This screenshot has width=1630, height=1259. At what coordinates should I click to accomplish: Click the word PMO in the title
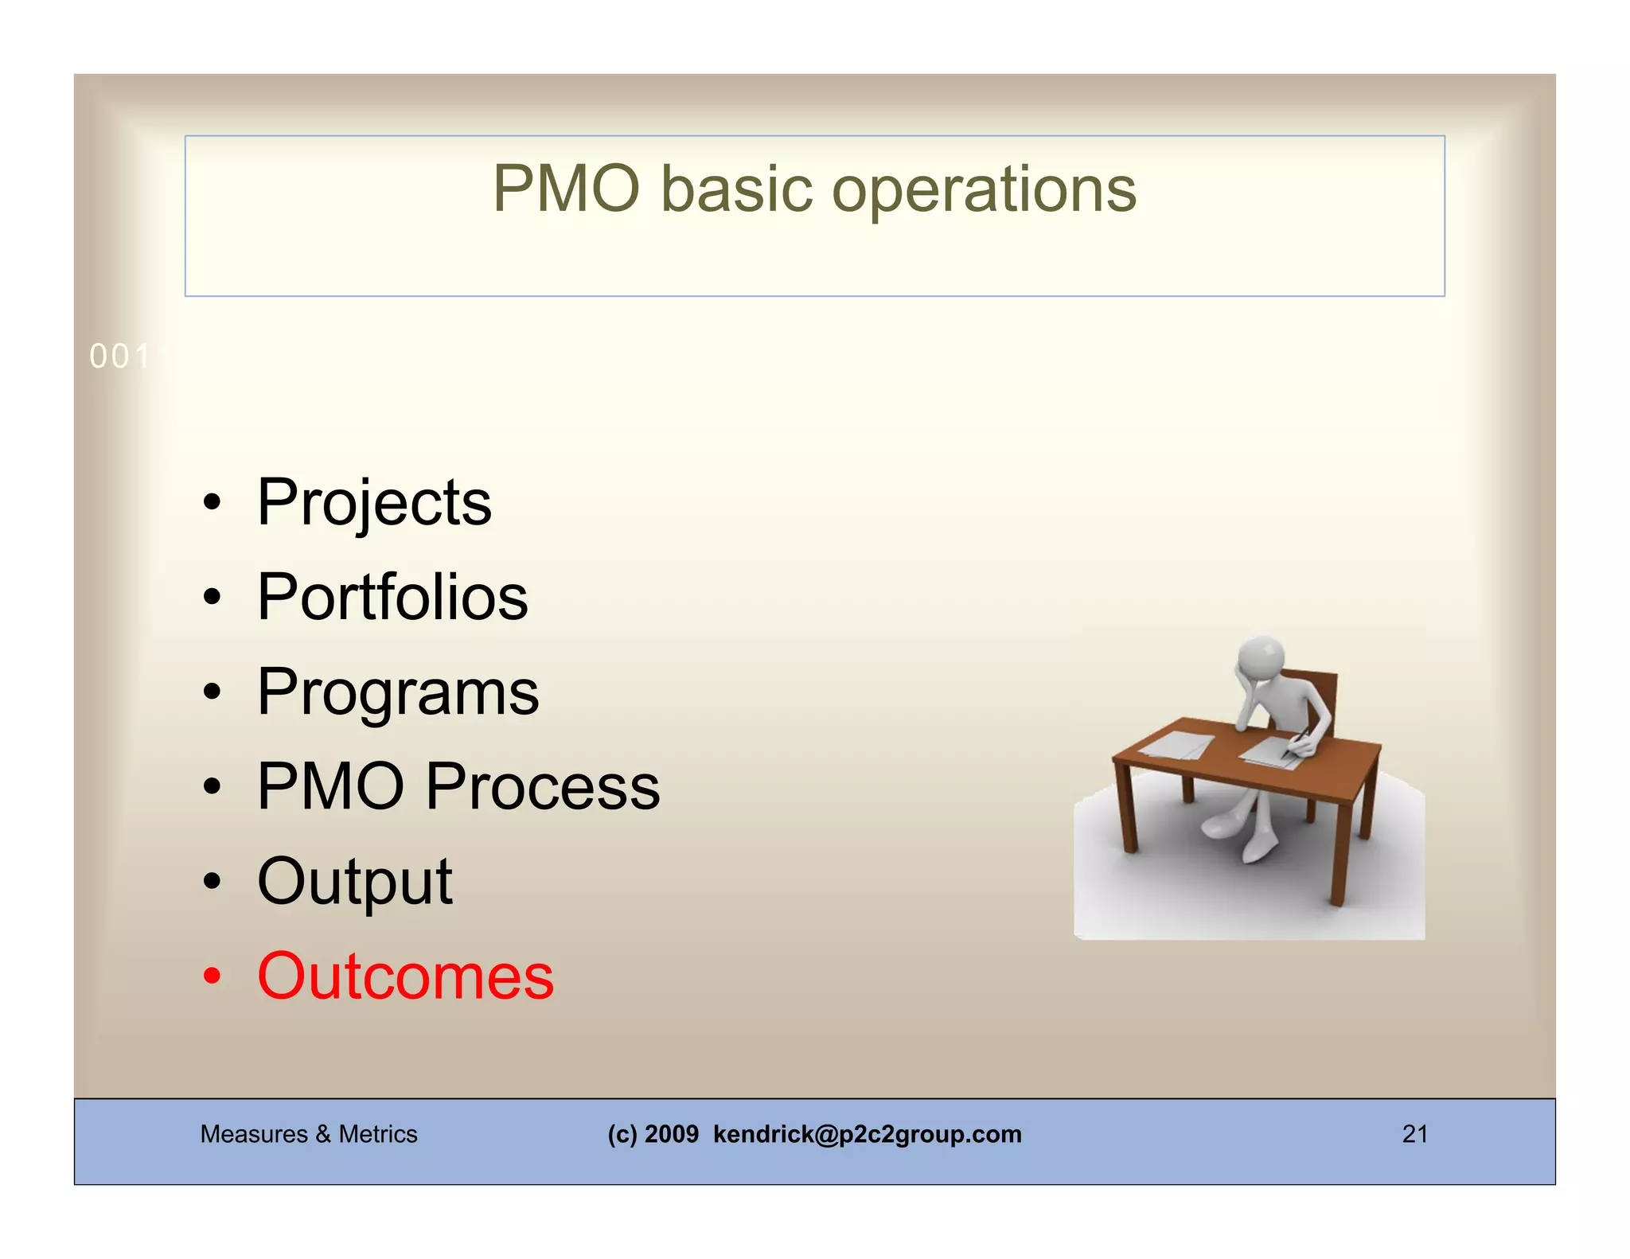tap(566, 189)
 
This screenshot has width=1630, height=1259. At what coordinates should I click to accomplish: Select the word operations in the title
tap(984, 191)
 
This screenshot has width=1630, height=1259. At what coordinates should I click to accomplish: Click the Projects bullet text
tap(374, 503)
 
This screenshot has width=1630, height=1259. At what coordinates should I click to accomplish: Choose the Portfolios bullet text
tap(392, 598)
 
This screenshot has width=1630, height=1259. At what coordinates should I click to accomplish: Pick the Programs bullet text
tap(398, 692)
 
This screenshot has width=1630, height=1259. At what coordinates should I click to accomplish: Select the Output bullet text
tap(355, 882)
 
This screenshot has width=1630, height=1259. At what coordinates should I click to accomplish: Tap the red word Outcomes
tap(405, 976)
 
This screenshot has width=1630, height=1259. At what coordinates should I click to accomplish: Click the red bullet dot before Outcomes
tap(211, 976)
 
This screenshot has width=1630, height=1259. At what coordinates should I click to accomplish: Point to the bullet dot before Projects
tap(211, 503)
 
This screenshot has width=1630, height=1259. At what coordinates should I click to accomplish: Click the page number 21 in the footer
tap(1414, 1133)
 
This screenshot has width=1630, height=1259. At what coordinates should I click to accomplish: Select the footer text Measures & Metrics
tap(309, 1133)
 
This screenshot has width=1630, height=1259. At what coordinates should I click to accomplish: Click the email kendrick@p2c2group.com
tap(867, 1133)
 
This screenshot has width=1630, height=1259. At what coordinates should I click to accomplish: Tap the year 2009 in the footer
tap(671, 1133)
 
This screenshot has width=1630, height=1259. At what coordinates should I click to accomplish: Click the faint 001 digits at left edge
tap(119, 357)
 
